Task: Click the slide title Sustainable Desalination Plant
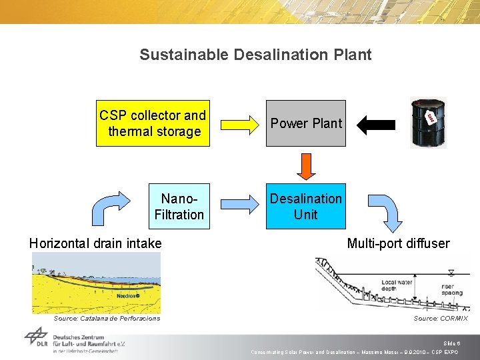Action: (x=255, y=55)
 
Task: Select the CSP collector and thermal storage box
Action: (x=153, y=123)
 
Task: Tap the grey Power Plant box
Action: (x=306, y=123)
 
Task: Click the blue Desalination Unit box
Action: (x=306, y=207)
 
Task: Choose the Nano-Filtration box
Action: (x=179, y=207)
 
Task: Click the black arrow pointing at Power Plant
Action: (x=377, y=124)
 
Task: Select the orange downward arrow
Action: (x=305, y=166)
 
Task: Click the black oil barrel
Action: (x=427, y=122)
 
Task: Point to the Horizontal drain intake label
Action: (x=95, y=243)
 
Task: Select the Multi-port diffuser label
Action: (x=398, y=243)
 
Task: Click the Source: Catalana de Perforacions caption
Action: (x=107, y=319)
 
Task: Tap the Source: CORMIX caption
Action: (x=440, y=319)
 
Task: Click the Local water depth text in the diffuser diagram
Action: (x=398, y=286)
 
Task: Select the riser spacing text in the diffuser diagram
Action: (x=451, y=290)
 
